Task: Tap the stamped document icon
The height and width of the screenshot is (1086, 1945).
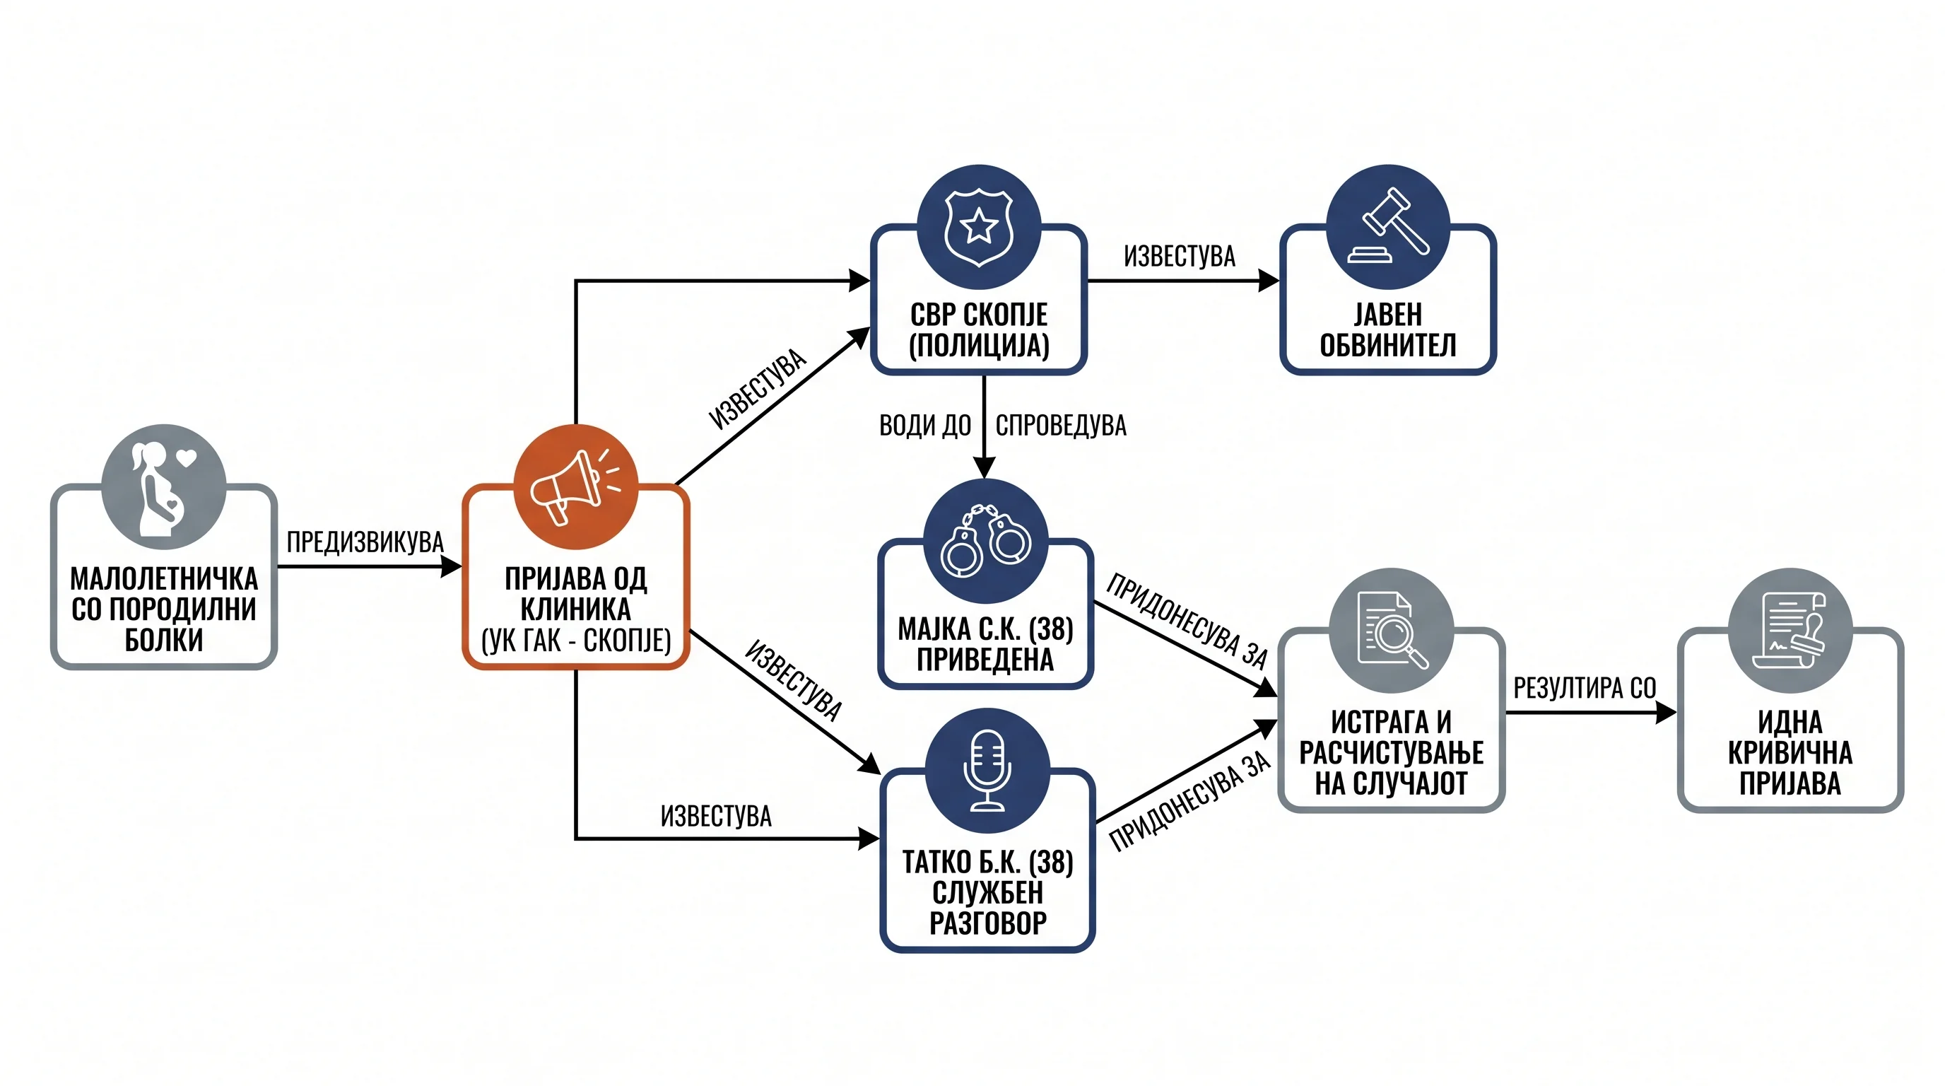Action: click(1790, 631)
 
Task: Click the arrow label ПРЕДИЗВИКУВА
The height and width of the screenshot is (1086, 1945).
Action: click(365, 542)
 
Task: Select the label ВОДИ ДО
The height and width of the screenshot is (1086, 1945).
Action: click(925, 426)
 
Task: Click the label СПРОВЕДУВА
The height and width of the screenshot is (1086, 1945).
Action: click(1061, 426)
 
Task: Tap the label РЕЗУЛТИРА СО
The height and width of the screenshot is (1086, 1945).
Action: click(1585, 688)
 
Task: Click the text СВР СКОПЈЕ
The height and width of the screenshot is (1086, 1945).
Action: click(979, 314)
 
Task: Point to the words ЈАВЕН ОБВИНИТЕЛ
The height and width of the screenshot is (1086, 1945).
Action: click(1388, 329)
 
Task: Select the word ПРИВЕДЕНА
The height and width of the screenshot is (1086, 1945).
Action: click(985, 659)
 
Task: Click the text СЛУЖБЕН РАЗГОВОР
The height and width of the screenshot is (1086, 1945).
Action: click(987, 908)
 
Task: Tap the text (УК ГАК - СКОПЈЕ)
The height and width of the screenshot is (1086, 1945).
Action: click(576, 641)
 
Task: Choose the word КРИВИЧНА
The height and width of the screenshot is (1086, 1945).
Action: click(1790, 753)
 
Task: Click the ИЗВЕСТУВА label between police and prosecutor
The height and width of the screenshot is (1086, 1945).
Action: click(1180, 257)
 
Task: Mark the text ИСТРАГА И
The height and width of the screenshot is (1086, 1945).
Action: click(1391, 722)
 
